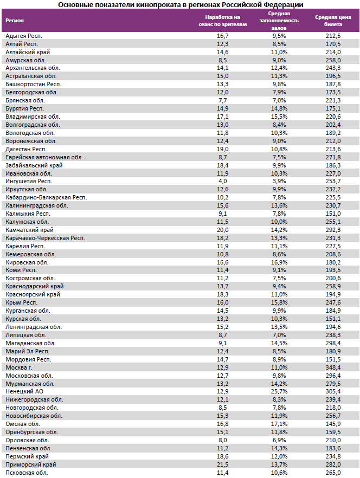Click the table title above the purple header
[180, 4]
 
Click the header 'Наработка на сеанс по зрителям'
[222, 21]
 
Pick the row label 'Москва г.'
[18, 367]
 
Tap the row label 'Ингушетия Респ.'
[28, 181]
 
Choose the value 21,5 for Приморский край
[222, 464]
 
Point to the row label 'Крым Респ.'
[21, 302]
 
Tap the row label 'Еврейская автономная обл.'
[44, 157]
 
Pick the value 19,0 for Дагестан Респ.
[222, 149]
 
